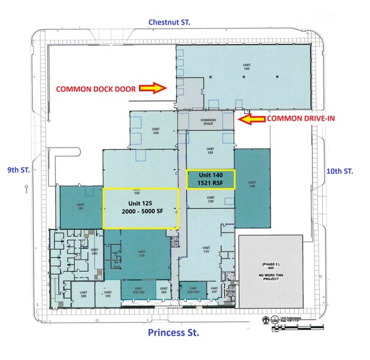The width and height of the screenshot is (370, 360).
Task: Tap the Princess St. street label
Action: [174, 334]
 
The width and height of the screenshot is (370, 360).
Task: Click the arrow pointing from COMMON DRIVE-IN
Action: [250, 120]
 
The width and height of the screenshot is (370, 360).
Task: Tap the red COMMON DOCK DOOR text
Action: [100, 88]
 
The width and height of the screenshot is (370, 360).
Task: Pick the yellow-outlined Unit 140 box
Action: [210, 179]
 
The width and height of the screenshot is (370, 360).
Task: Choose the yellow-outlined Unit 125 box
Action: [141, 208]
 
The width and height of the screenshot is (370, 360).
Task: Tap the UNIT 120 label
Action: [80, 207]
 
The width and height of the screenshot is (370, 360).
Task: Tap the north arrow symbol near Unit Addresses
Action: [265, 319]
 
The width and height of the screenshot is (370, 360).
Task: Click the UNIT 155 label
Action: [210, 149]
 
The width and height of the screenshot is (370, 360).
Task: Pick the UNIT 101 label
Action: [108, 294]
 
